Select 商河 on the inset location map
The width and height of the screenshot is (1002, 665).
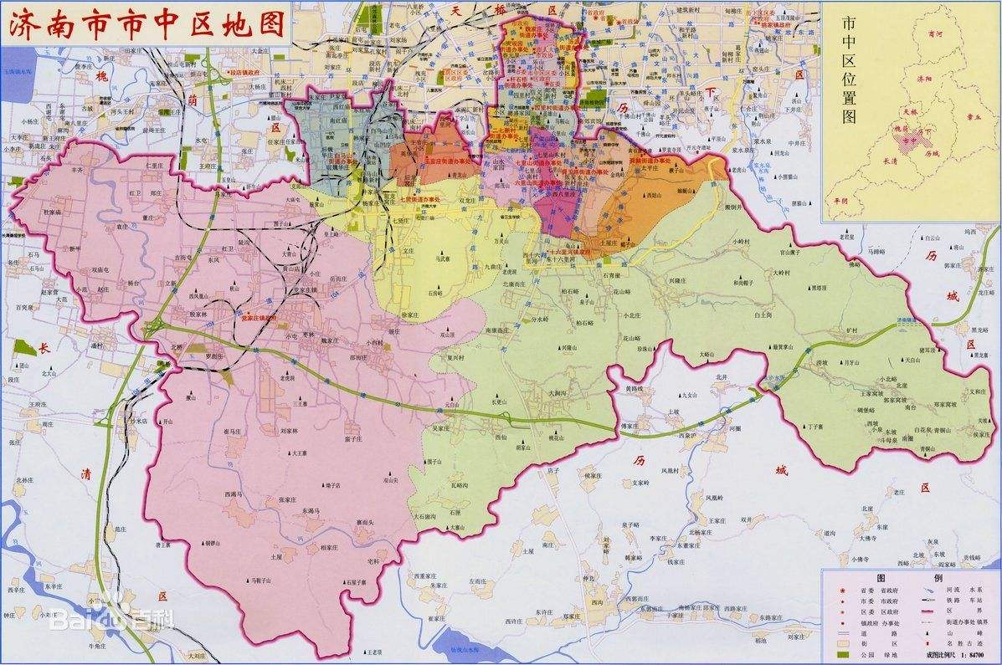(x=923, y=35)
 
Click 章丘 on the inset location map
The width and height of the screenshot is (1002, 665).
(x=973, y=118)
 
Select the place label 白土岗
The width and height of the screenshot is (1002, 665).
(x=761, y=316)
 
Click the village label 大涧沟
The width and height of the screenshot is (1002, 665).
(x=558, y=392)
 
